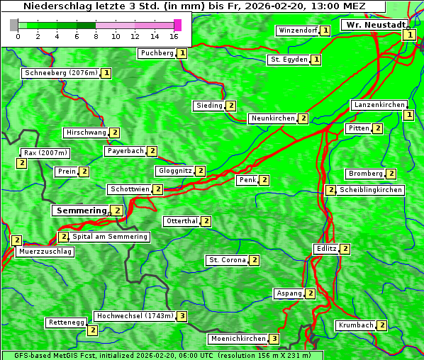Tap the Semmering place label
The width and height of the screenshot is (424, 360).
click(81, 210)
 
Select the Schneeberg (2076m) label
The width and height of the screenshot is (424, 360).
click(60, 73)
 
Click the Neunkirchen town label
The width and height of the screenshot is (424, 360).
click(273, 118)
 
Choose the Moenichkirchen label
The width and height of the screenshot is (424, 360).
click(238, 339)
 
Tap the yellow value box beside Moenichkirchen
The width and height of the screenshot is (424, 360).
click(274, 339)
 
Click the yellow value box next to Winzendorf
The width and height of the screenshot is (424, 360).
click(325, 30)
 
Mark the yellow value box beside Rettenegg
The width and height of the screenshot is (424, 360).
click(92, 330)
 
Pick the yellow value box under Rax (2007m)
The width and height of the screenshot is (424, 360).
click(22, 164)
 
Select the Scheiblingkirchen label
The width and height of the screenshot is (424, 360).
click(370, 190)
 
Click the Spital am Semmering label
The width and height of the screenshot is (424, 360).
click(110, 237)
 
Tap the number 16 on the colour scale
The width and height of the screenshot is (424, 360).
click(174, 35)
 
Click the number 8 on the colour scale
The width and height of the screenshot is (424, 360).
click(96, 35)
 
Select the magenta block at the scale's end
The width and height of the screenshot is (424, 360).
click(177, 25)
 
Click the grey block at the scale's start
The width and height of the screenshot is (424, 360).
click(14, 25)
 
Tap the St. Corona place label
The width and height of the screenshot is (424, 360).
click(227, 260)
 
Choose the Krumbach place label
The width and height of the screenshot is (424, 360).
click(355, 325)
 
